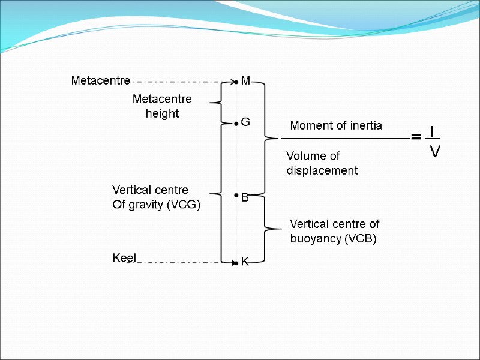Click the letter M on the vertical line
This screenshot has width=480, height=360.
click(x=245, y=81)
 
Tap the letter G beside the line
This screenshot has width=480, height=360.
click(x=245, y=122)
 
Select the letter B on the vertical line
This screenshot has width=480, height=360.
click(x=245, y=197)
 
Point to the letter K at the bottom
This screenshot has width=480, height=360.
click(x=245, y=262)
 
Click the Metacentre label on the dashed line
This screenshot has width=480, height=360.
click(x=100, y=80)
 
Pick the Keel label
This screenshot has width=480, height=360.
click(x=125, y=258)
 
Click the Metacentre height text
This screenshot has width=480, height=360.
click(x=162, y=106)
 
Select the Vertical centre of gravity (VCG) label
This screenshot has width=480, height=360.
click(x=156, y=197)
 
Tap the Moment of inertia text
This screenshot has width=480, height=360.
click(x=336, y=126)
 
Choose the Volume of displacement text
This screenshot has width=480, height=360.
click(x=322, y=163)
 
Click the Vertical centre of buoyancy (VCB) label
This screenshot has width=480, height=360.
click(x=334, y=231)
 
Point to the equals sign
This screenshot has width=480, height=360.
click(x=415, y=137)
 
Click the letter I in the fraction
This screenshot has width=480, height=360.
click(x=432, y=130)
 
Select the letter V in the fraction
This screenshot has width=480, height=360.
click(x=435, y=152)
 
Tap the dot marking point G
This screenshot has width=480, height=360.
click(x=237, y=123)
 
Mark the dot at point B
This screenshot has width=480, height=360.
click(x=237, y=196)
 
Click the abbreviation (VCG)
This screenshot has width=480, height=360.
click(x=182, y=205)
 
